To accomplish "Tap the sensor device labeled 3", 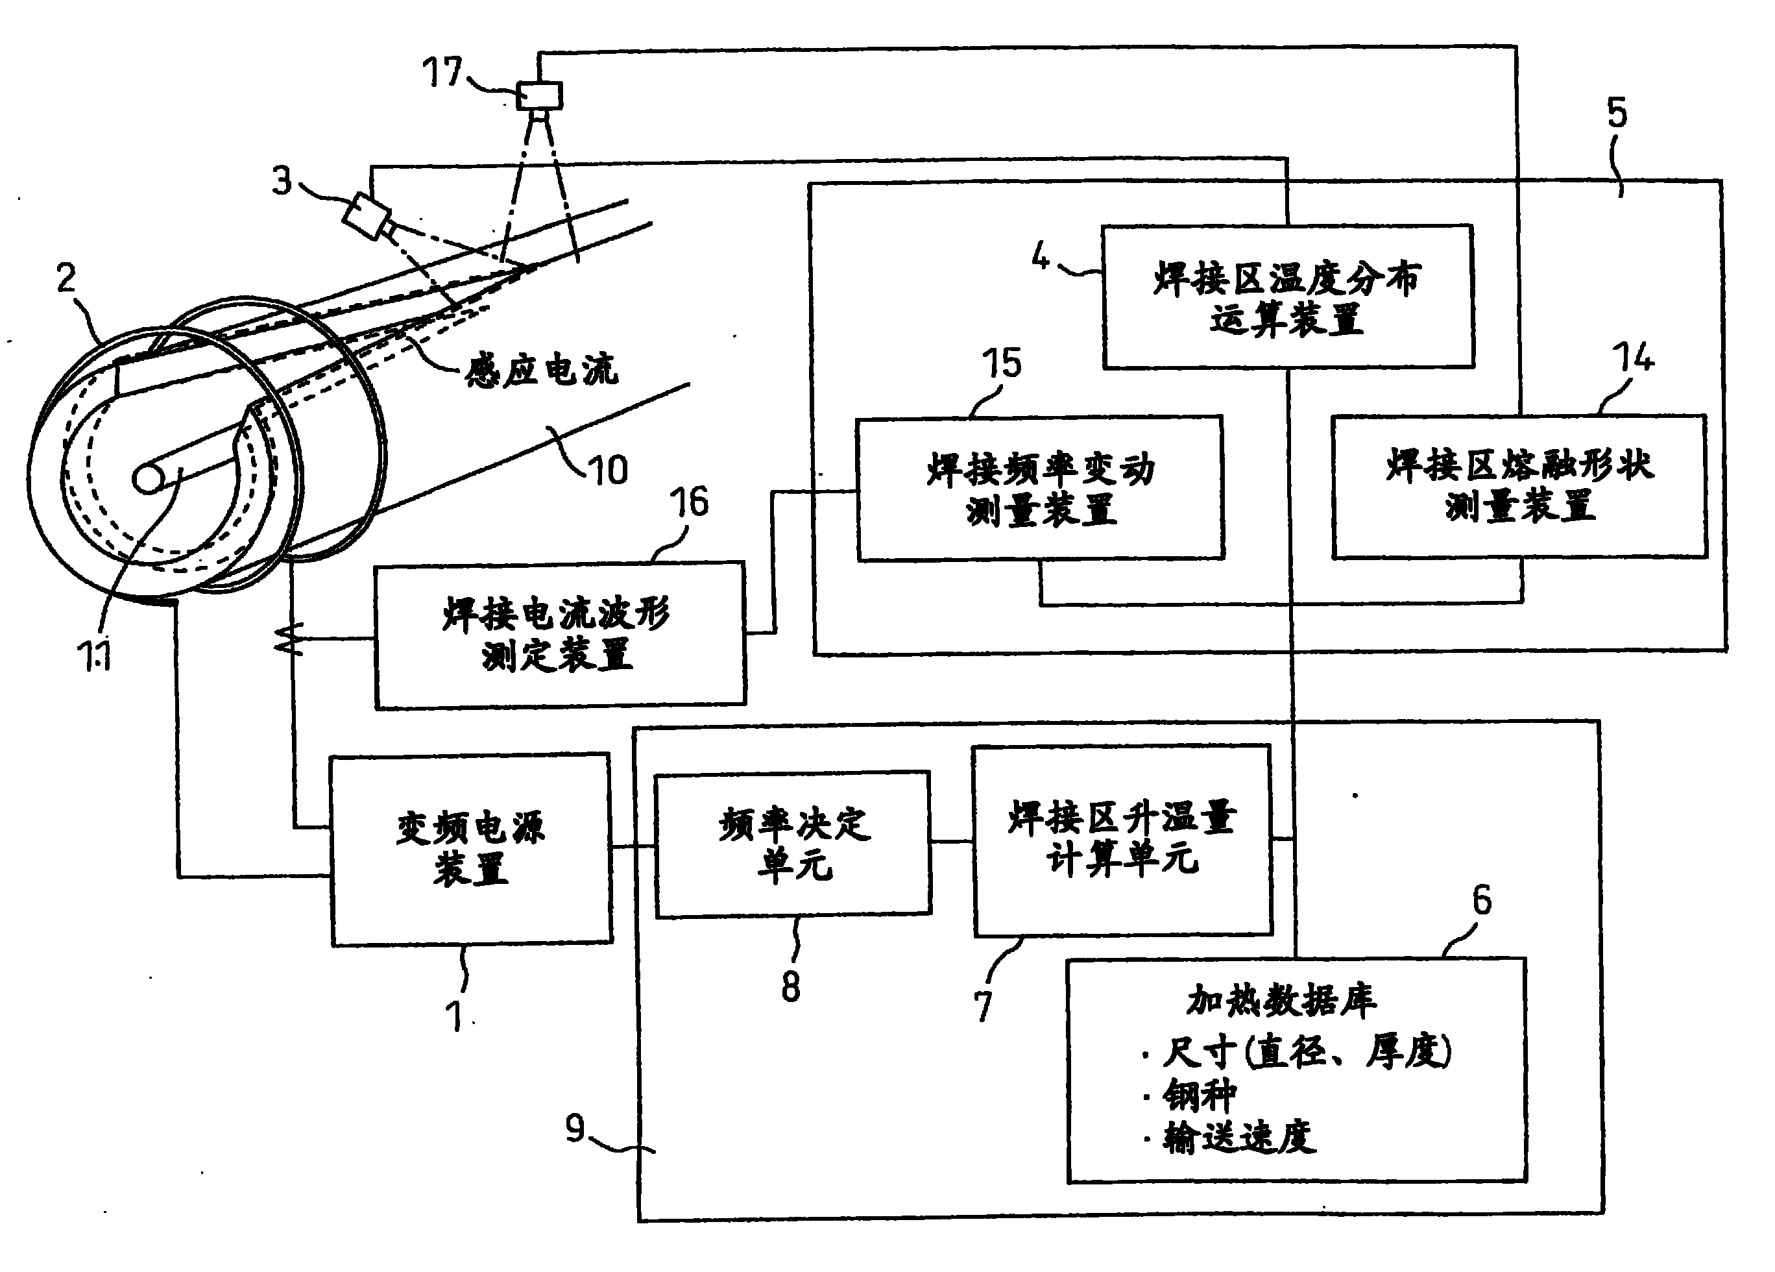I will click(367, 214).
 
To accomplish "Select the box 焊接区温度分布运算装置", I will click(1287, 297).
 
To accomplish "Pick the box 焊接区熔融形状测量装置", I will click(1519, 486).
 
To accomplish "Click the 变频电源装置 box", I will click(471, 850).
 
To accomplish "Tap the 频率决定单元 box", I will click(793, 844).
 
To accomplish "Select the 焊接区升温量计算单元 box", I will click(1122, 840).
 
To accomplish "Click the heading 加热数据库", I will click(1281, 1000).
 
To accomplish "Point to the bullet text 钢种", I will click(1199, 1095).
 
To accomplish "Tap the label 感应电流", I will click(542, 369).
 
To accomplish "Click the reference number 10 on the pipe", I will click(608, 471).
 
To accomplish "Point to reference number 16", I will click(689, 502).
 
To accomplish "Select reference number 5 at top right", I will click(1616, 114).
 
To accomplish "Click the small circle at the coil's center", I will click(149, 478).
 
